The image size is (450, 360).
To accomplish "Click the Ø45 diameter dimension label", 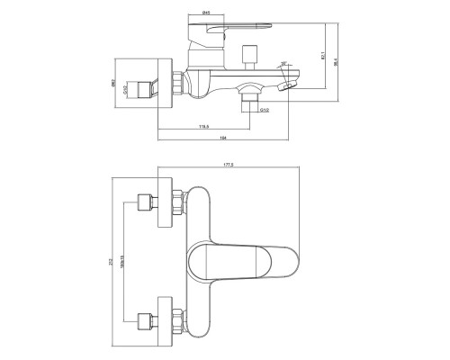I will (206, 13).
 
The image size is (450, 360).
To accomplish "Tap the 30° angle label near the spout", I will (283, 63).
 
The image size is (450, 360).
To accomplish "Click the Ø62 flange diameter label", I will (114, 87).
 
